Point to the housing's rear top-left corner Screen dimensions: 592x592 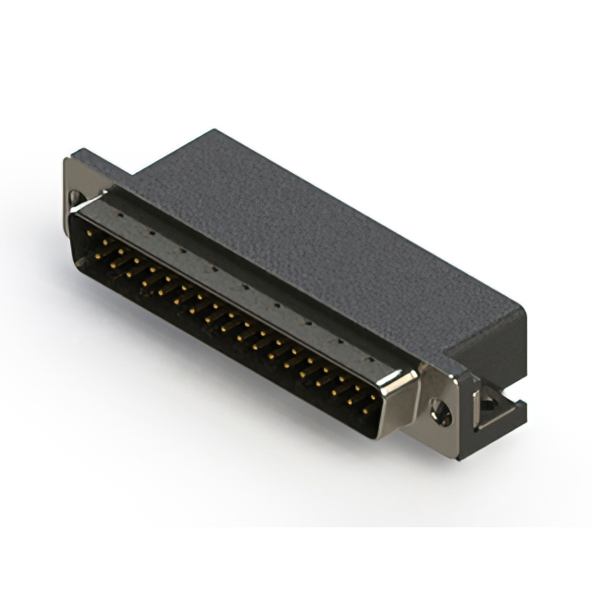coord(215,131)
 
